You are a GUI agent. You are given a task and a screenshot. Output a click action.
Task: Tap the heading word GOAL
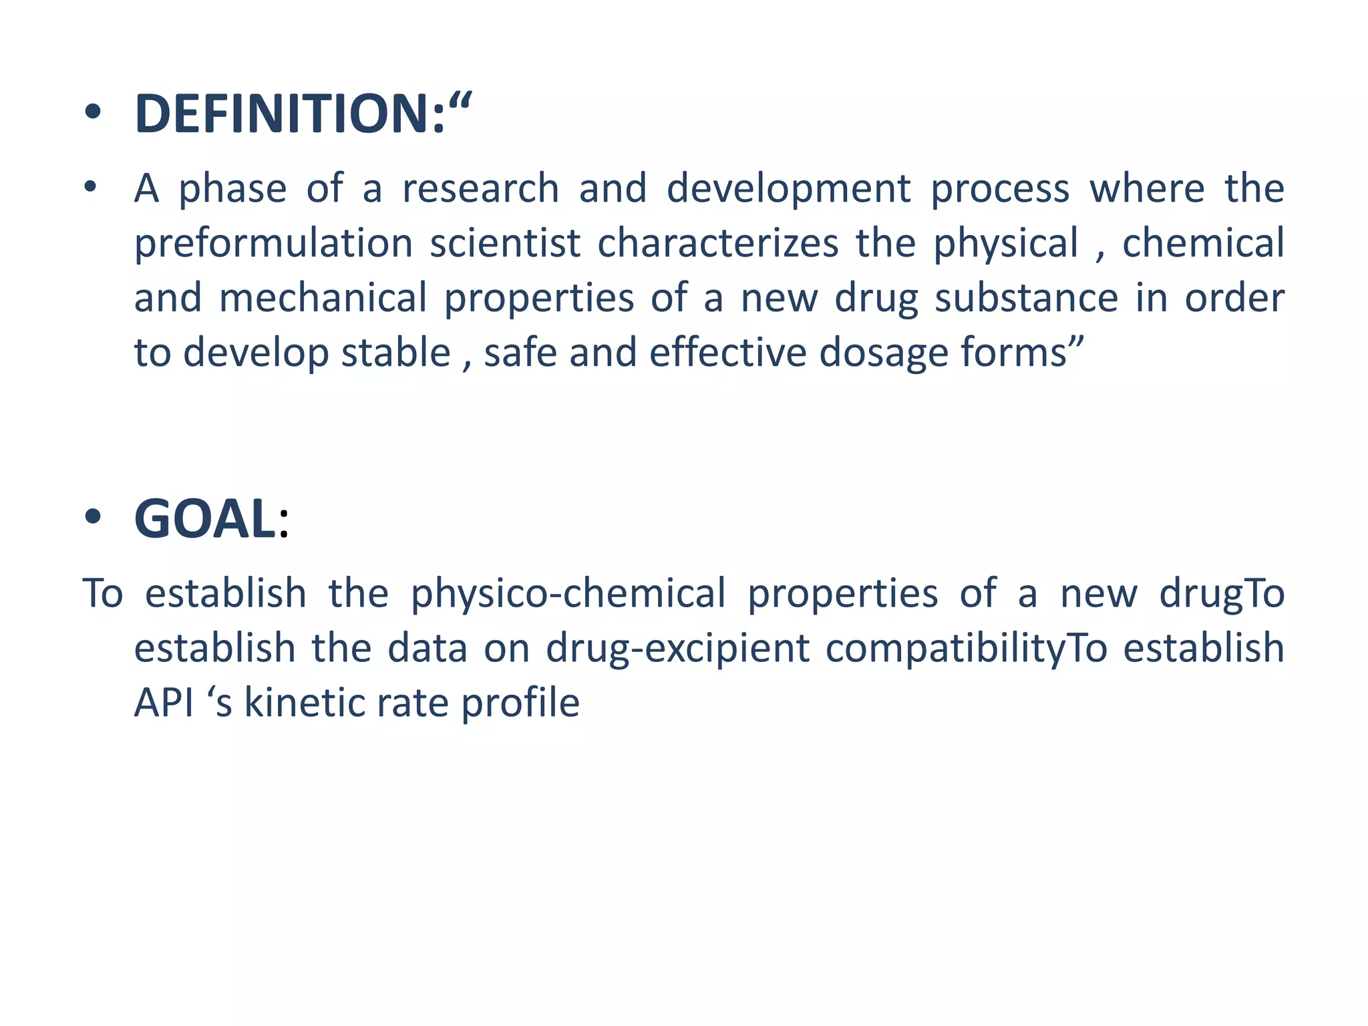(206, 520)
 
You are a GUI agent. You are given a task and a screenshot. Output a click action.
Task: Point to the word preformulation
(274, 243)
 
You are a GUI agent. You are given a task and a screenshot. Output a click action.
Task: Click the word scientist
(505, 243)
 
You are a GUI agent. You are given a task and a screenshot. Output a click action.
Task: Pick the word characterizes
(718, 243)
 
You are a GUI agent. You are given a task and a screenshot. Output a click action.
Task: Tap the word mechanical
(323, 298)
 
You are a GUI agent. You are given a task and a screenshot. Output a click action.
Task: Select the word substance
(1026, 298)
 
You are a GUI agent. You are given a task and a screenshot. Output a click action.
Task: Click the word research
(480, 188)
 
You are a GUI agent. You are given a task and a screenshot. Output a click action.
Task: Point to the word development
(789, 188)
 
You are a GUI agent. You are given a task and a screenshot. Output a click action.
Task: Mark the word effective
(728, 353)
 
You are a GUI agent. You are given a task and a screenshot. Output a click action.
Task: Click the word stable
(396, 353)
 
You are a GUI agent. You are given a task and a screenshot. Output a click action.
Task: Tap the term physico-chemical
(568, 593)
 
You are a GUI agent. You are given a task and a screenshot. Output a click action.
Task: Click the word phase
(232, 190)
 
